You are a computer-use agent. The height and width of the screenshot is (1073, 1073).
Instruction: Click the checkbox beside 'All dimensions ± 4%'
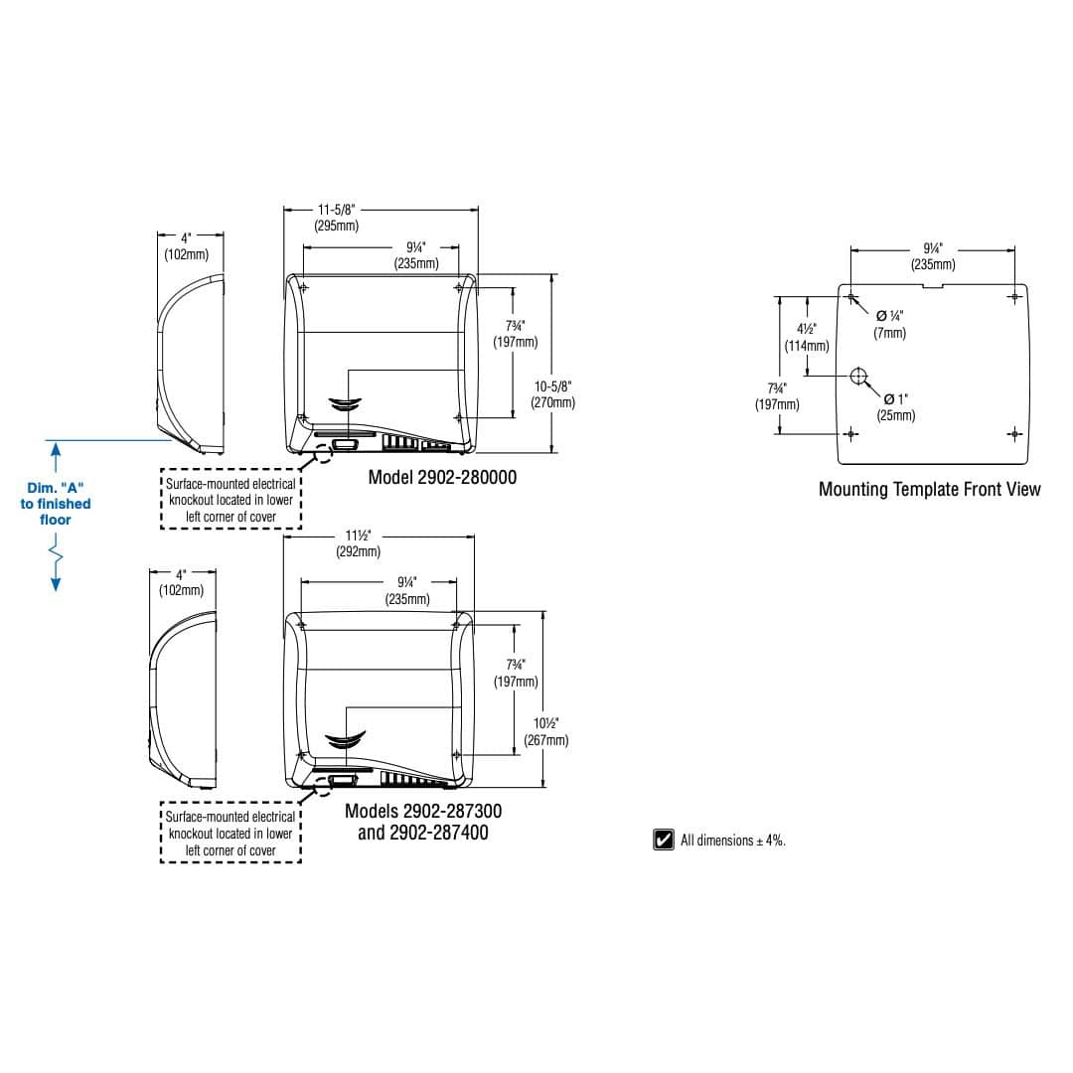[x=663, y=839]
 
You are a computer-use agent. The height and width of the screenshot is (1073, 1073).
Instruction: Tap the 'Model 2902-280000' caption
[x=442, y=477]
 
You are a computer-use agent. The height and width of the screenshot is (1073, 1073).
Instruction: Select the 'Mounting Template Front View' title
[x=929, y=489]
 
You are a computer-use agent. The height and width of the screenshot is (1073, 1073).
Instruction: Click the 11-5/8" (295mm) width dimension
[x=337, y=218]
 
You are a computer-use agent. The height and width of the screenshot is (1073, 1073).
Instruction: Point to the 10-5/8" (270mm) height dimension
[x=553, y=394]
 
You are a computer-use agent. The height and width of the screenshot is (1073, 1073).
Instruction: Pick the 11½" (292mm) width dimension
[x=358, y=543]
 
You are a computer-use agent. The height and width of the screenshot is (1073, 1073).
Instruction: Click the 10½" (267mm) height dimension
[x=546, y=731]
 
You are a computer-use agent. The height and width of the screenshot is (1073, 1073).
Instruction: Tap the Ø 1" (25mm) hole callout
[x=896, y=407]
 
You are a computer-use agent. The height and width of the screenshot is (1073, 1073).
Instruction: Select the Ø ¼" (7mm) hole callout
[x=889, y=324]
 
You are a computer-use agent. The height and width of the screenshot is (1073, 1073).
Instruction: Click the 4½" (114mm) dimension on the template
[x=807, y=338]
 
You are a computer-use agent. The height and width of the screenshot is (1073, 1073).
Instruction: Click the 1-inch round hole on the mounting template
[x=858, y=376]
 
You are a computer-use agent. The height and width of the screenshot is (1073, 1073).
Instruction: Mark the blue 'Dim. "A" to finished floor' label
[x=56, y=504]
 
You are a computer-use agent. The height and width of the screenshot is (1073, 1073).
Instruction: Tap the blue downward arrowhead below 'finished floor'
[x=56, y=584]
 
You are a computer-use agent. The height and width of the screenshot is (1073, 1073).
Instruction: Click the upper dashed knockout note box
[x=230, y=499]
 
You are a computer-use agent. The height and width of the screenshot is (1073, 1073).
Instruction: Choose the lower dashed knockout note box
[x=230, y=833]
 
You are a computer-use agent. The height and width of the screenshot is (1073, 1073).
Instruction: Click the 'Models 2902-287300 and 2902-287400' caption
[x=423, y=822]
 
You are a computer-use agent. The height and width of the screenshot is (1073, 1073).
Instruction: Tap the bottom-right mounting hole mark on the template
[x=1014, y=434]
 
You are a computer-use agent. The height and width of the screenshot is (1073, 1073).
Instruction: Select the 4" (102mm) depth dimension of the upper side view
[x=186, y=246]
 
